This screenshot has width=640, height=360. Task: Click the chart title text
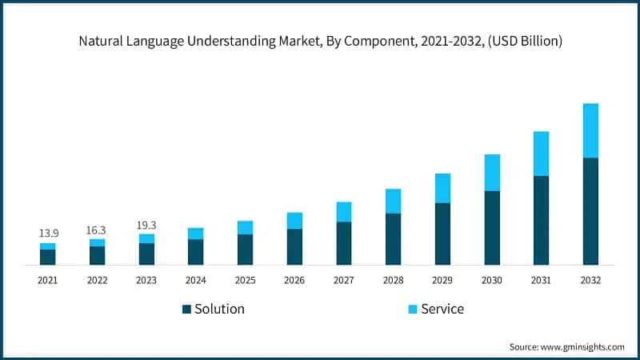320,41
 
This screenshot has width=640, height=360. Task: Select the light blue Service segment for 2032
590,130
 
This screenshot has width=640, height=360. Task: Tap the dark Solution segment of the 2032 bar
590,211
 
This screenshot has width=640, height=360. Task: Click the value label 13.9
48,233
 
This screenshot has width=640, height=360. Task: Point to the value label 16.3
97,230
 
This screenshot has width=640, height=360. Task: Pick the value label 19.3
146,225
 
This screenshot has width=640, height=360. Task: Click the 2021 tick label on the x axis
48,280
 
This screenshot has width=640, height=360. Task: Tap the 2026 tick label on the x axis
294,280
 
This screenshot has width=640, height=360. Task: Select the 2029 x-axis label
442,280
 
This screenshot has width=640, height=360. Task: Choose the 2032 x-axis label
590,280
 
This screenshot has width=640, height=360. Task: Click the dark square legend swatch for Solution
186,309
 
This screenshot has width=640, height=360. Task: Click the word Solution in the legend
219,309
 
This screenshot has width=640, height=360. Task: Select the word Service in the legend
442,309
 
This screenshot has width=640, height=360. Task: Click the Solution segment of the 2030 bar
492,228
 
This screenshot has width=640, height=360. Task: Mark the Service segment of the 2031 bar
541,154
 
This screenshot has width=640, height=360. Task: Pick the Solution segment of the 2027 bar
344,243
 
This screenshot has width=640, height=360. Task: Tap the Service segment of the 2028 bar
393,201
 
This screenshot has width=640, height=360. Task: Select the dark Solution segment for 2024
196,252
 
